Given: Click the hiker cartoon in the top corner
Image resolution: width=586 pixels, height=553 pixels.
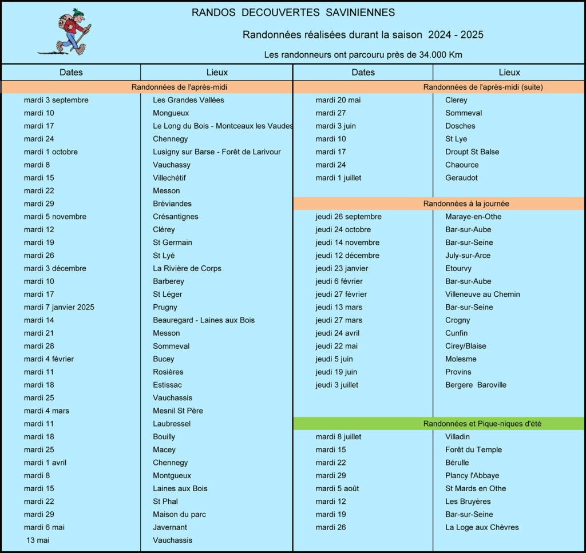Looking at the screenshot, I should click(70, 31).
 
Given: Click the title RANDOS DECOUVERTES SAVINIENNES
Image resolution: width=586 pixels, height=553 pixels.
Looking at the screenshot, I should click(293, 13).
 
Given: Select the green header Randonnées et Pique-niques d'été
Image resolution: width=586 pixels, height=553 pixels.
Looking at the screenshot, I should click(482, 424).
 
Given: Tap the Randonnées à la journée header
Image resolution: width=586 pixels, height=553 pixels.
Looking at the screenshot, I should click(466, 204).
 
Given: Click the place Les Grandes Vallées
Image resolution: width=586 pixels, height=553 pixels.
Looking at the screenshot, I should click(188, 100).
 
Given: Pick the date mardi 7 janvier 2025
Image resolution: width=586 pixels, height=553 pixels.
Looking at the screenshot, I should click(59, 307).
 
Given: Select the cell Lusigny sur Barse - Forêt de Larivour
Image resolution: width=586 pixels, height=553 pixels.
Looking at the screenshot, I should click(216, 152).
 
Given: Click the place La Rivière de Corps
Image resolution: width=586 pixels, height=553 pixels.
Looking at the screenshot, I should click(187, 268).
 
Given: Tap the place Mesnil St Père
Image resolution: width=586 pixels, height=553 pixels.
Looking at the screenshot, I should click(177, 411).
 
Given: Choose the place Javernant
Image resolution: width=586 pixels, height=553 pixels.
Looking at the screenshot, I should click(169, 527).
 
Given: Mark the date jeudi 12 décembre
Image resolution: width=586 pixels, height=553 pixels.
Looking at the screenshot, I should click(347, 255).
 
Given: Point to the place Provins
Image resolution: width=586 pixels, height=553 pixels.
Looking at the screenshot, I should click(458, 372).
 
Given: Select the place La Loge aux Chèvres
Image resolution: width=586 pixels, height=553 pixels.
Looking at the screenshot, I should click(482, 527).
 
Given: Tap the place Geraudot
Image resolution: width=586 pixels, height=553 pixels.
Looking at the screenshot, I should click(461, 178).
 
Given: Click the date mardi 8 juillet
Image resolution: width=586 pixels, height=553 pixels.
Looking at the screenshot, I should click(338, 437).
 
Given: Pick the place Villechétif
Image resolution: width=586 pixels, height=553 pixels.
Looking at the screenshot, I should click(169, 178).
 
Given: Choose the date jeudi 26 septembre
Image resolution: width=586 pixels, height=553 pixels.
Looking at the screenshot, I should click(348, 217).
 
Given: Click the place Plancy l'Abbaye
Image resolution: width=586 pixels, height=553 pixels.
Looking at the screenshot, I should click(472, 476).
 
